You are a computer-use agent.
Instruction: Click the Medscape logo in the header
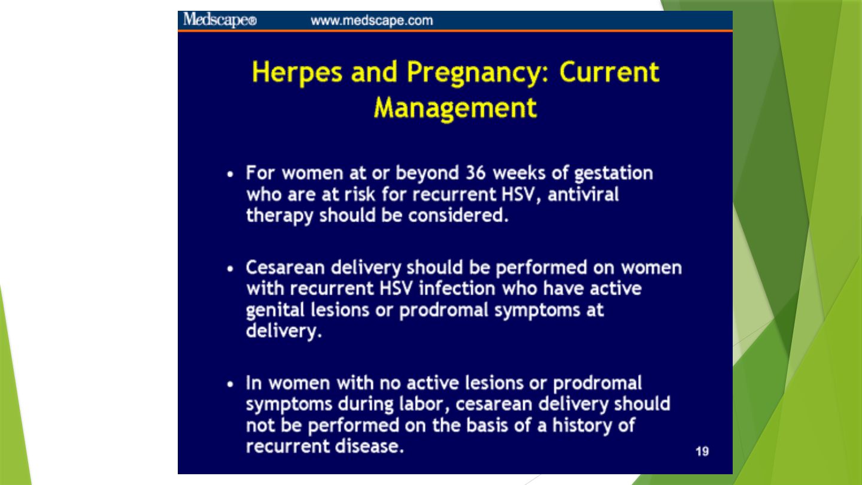220,20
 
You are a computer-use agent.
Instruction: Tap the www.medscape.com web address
372,20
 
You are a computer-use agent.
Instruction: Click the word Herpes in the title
297,72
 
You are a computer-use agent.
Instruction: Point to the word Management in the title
455,108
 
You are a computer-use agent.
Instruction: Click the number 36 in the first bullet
476,173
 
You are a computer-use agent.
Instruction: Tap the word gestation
614,174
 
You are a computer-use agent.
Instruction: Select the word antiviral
583,194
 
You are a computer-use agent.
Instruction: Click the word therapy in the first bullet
280,216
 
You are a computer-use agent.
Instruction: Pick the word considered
459,215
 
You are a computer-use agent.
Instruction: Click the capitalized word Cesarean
285,268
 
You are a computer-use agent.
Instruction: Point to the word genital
275,310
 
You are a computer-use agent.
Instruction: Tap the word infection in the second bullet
457,289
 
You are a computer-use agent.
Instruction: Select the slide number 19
702,451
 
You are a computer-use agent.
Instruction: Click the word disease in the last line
369,447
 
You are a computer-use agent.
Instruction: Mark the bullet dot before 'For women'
230,174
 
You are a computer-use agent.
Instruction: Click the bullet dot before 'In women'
230,384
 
